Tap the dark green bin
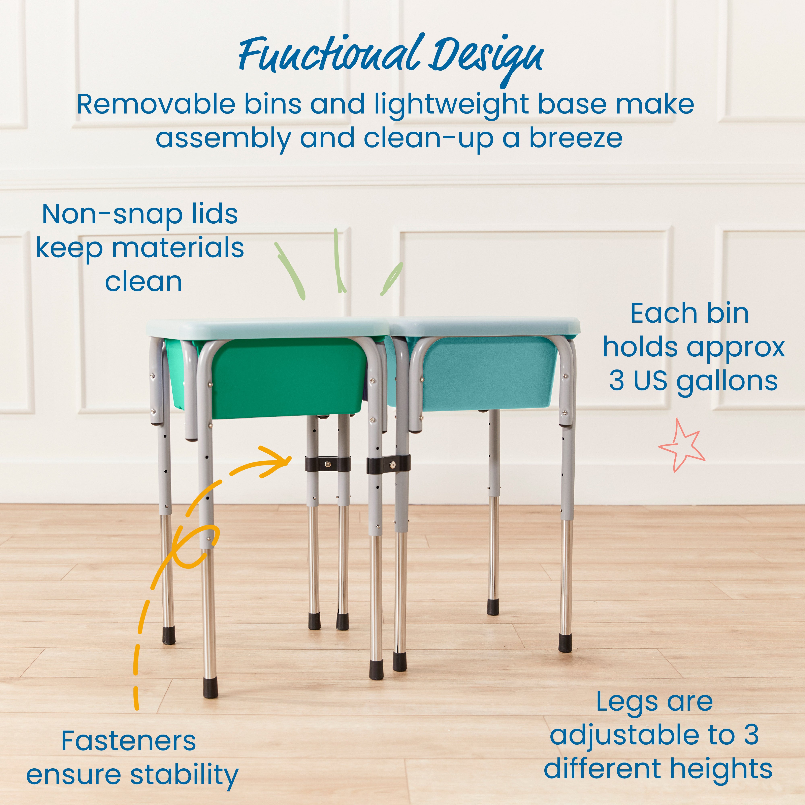pyautogui.click(x=288, y=377)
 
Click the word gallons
pyautogui.click(x=727, y=381)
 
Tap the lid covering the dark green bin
pyautogui.click(x=267, y=328)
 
